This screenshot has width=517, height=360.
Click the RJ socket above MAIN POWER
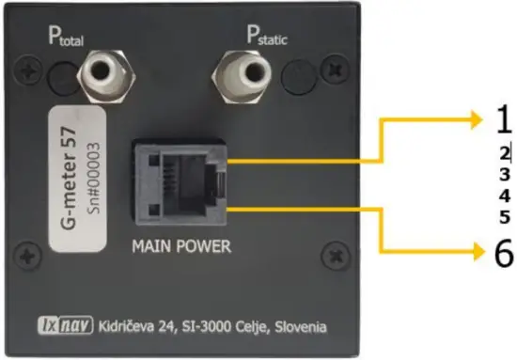pos(180,178)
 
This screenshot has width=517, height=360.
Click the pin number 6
pos(503,253)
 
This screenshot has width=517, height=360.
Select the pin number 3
pos(504,175)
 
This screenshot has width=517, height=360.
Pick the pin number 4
pos(504,196)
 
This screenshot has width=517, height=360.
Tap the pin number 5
pos(504,217)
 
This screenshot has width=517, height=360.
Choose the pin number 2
pos(504,152)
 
